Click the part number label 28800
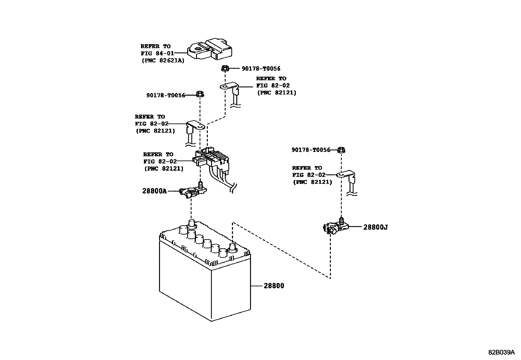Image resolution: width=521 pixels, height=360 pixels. [274, 286]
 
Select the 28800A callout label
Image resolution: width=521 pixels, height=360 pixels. [154, 191]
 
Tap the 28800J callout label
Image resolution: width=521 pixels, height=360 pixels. [375, 227]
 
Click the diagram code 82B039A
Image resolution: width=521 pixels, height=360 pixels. [501, 352]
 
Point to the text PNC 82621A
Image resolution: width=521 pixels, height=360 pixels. [163, 61]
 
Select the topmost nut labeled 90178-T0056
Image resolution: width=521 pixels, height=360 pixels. [225, 68]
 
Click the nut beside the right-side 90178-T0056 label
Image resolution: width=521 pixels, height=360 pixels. [341, 150]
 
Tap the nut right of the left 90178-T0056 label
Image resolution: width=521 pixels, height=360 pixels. [200, 94]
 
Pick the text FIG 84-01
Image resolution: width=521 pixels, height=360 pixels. [157, 53]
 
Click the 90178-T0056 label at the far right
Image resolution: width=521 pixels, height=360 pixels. [311, 150]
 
